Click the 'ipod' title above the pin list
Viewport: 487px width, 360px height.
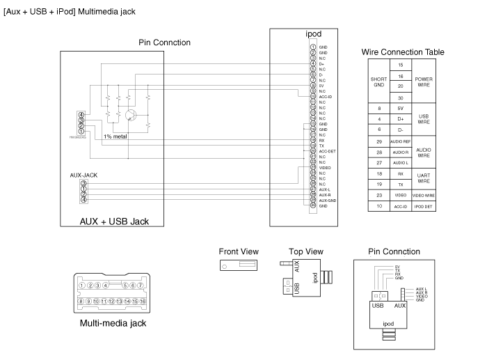[x=314, y=33]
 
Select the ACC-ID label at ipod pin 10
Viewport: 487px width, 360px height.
[x=326, y=97]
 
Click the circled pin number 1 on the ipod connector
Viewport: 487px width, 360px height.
[x=314, y=46]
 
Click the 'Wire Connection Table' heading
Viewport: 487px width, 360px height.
[x=403, y=52]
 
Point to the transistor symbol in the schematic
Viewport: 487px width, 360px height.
[x=131, y=113]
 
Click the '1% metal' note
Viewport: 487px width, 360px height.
[x=115, y=136]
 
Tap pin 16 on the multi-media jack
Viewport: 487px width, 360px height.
[x=142, y=302]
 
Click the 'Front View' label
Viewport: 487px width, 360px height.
[x=239, y=251]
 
